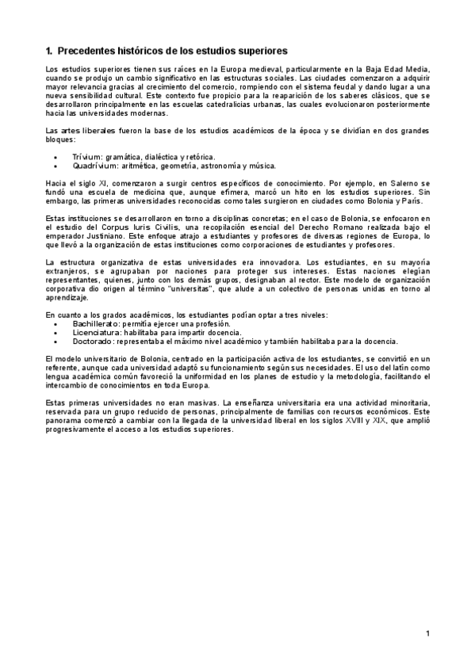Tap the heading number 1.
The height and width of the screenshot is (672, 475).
[x=48, y=51]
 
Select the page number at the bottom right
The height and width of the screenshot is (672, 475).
[x=427, y=632]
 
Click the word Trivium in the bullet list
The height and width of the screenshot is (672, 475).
[x=87, y=158]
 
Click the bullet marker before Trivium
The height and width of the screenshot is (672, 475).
[x=55, y=158]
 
